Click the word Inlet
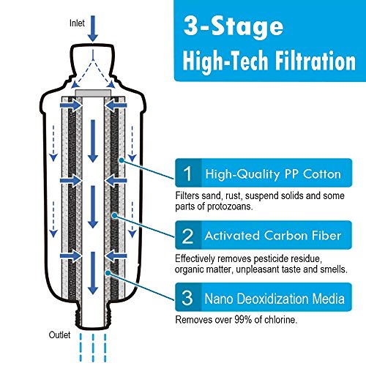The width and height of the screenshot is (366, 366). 77,23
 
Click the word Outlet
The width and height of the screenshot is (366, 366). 59,335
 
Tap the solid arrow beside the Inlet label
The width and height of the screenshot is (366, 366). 93,29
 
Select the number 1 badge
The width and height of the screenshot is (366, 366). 188,173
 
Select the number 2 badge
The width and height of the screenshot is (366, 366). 188,236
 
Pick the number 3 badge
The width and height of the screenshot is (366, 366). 187,298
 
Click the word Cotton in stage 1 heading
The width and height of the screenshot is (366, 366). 322,174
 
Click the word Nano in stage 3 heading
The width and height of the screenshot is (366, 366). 218,299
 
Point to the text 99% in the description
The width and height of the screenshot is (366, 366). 243,319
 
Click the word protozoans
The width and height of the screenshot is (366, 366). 230,206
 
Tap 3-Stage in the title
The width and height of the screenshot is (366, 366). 234,26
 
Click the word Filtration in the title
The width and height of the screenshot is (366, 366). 315,61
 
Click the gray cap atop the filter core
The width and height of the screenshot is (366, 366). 93,93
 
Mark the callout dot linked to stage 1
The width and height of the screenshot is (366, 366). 122,160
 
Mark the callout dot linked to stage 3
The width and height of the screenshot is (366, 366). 108,273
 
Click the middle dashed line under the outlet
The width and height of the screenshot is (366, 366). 93,348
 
